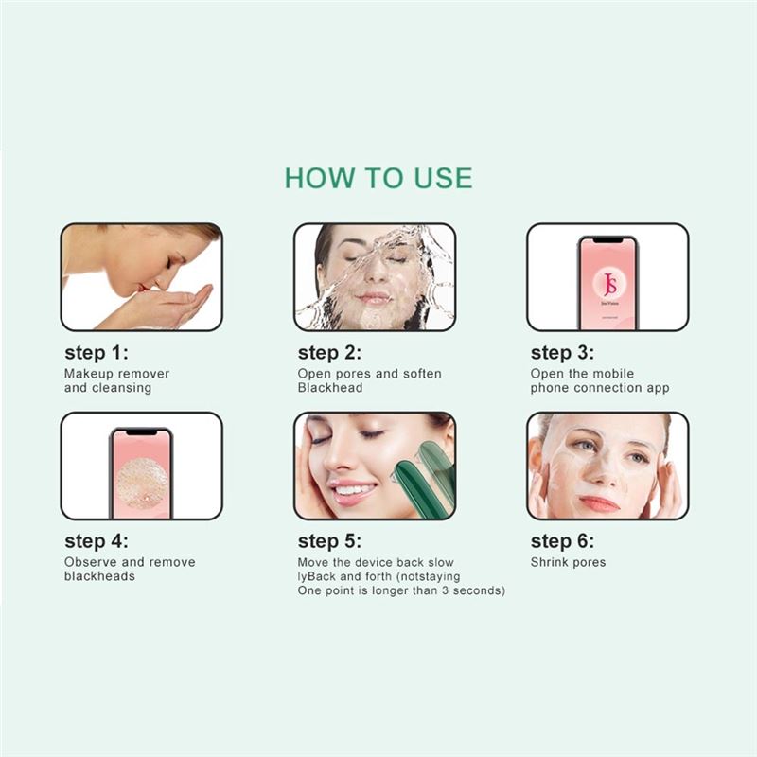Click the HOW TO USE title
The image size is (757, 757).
[x=378, y=178]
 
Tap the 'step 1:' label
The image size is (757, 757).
[x=97, y=352]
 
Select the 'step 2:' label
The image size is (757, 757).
[x=329, y=352]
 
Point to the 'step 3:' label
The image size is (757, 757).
[x=562, y=352]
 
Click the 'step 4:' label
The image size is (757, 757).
[x=97, y=540]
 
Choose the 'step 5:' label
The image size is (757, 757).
[x=329, y=540]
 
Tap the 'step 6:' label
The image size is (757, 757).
[x=562, y=540]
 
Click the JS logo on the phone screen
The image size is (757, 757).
[x=609, y=283]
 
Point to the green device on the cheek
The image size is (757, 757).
[x=421, y=478]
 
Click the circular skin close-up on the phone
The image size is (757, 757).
[x=143, y=484]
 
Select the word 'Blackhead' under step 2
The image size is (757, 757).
[x=330, y=388]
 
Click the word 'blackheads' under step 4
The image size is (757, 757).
[x=99, y=576]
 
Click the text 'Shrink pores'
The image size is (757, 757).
[x=569, y=562]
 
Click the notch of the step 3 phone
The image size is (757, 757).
[x=607, y=240]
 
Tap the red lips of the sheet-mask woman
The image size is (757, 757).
[x=598, y=503]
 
